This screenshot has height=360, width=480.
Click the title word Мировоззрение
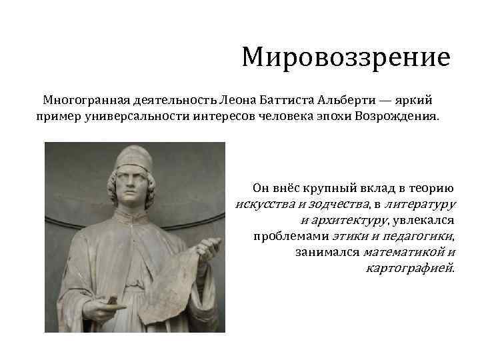click(346, 57)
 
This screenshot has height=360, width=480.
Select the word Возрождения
click(401, 117)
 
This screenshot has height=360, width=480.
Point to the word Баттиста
click(287, 100)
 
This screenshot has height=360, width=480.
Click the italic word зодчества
click(337, 203)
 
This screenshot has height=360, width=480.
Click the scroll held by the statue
click(174, 280)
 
